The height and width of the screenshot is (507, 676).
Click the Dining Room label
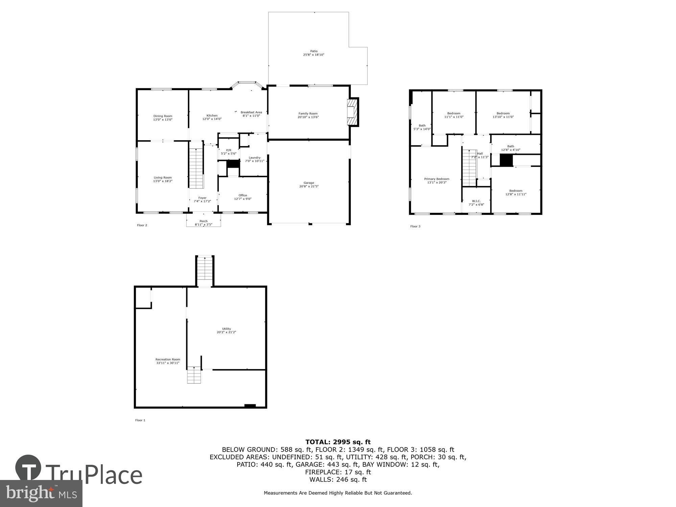163,116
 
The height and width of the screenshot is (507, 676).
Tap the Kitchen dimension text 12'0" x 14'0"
212,119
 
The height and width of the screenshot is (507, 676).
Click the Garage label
309,183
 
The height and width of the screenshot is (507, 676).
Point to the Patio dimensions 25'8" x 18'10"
314,55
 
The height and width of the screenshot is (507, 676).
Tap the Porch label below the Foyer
203,221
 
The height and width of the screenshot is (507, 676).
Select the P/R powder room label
228,150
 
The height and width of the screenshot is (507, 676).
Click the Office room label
243,195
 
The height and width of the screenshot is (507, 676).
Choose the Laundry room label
255,158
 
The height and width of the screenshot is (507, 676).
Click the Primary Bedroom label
437,179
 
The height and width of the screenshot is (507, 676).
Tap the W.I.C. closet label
476,201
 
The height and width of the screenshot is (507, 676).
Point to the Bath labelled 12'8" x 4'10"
510,146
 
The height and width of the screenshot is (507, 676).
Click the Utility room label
226,329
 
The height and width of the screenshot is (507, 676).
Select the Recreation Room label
168,359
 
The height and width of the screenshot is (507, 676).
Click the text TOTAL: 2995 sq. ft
338,442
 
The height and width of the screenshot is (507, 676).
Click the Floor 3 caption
415,226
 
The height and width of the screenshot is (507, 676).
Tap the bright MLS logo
41,493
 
